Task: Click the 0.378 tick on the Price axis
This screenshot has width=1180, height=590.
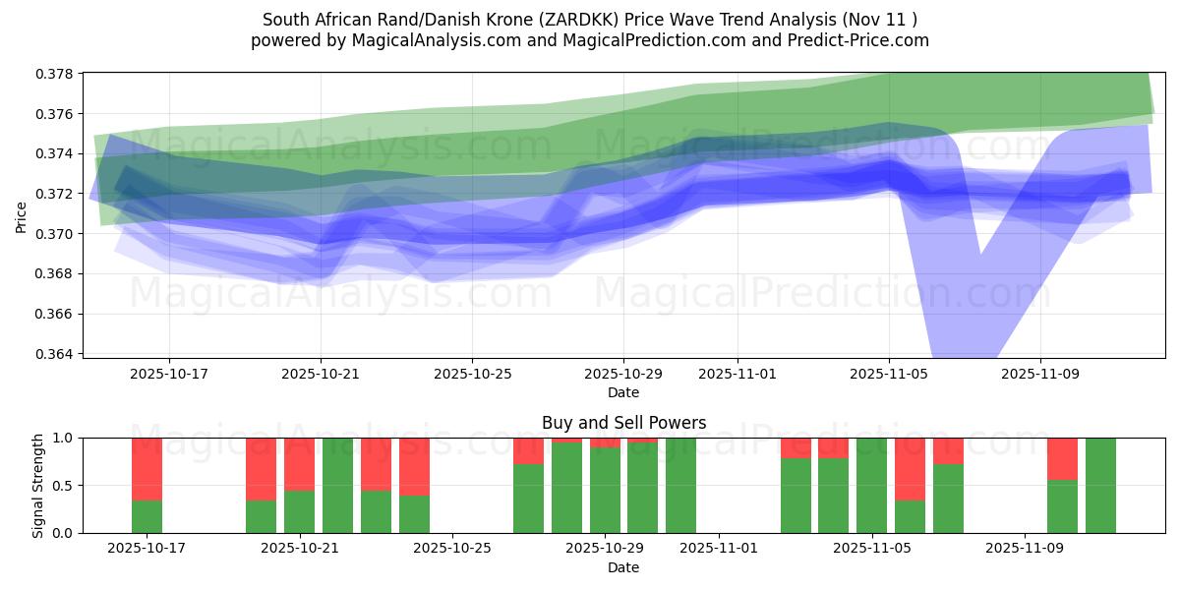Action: [x=57, y=74]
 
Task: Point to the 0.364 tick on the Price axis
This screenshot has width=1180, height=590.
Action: [x=57, y=354]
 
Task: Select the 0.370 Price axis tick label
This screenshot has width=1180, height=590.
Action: [x=57, y=234]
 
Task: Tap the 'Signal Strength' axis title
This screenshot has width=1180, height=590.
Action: [x=37, y=485]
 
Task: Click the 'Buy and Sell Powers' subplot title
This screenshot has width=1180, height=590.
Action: [x=623, y=423]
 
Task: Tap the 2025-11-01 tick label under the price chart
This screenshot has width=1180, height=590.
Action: [x=737, y=375]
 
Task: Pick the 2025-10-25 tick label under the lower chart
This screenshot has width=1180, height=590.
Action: [x=451, y=549]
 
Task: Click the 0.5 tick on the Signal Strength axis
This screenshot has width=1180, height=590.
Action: [x=62, y=486]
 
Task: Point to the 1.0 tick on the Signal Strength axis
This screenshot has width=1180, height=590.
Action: [x=62, y=439]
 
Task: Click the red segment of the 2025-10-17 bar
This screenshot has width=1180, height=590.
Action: [x=147, y=469]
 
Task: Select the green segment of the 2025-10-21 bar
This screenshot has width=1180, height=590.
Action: [x=299, y=511]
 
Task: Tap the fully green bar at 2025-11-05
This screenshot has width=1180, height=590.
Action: [x=871, y=486]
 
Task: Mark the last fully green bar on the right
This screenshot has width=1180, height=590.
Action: [x=1100, y=486]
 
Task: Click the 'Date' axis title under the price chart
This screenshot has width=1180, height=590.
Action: [x=623, y=392]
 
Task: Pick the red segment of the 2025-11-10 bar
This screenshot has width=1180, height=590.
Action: [x=1062, y=458]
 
